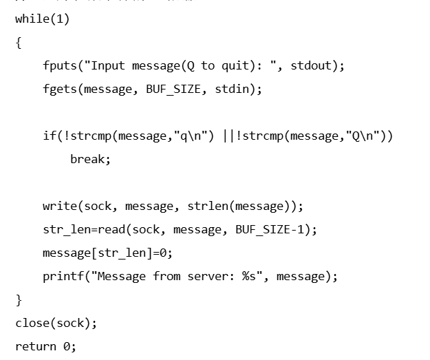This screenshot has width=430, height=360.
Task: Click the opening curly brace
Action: pos(19,43)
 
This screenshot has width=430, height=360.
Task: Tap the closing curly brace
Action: pos(19,300)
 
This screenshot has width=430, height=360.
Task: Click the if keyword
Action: pos(49,136)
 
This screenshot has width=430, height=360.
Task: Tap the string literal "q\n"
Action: pos(194,136)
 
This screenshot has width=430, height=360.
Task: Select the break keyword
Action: pos(87,159)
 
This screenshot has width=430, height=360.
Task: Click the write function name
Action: pos(59,206)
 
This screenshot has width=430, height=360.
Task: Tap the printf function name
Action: pos(63,276)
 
